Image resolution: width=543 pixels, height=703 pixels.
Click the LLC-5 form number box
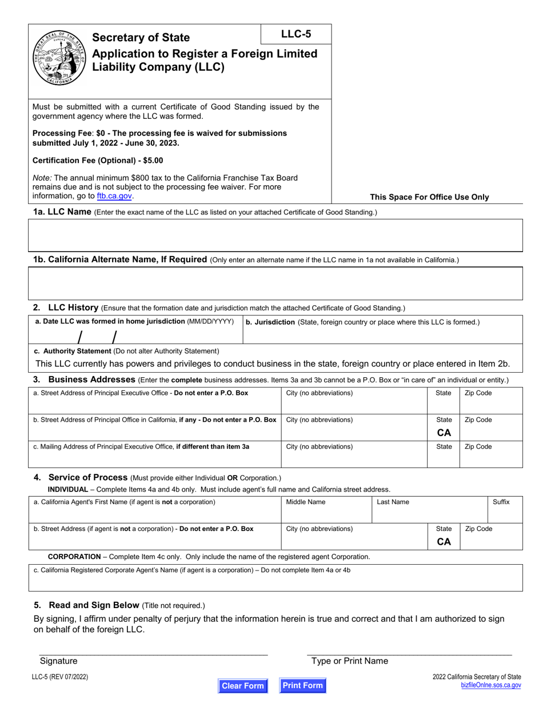click(296, 34)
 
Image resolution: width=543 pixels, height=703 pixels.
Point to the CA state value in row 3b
click(444, 433)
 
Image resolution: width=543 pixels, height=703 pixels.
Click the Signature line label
click(58, 661)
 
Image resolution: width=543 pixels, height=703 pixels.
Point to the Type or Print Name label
click(349, 661)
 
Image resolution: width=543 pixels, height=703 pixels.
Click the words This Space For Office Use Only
click(429, 197)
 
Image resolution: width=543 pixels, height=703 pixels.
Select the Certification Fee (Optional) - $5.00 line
click(98, 161)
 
